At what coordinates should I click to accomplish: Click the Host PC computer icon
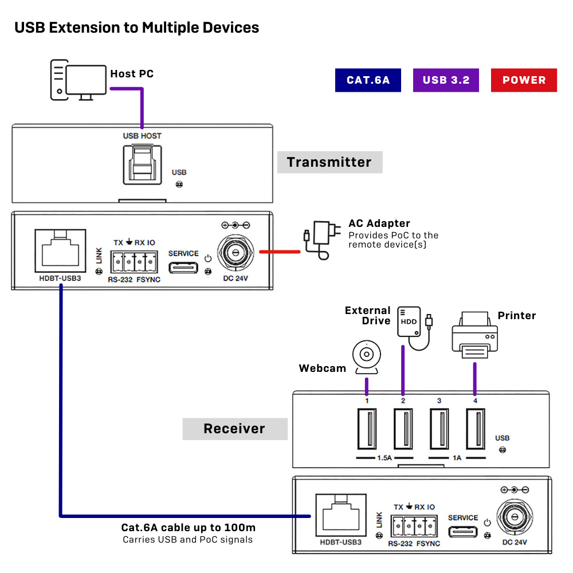pyautogui.click(x=78, y=80)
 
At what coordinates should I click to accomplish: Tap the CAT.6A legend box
pyautogui.click(x=368, y=80)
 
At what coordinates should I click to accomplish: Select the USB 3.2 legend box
pyautogui.click(x=446, y=80)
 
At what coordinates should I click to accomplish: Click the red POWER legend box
pyautogui.click(x=524, y=80)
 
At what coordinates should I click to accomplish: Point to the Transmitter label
pyautogui.click(x=329, y=162)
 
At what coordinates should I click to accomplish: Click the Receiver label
pyautogui.click(x=235, y=429)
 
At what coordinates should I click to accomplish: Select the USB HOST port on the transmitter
pyautogui.click(x=142, y=164)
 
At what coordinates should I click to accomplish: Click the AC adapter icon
pyautogui.click(x=322, y=240)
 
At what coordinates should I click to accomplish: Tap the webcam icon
pyautogui.click(x=367, y=357)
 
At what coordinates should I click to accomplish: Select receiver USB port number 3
pyautogui.click(x=439, y=429)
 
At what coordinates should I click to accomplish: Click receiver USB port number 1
pyautogui.click(x=367, y=429)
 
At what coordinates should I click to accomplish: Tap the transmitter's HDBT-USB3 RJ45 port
pyautogui.click(x=60, y=251)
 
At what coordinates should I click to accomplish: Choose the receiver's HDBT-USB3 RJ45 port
pyautogui.click(x=341, y=515)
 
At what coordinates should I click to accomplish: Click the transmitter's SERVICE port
pyautogui.click(x=183, y=268)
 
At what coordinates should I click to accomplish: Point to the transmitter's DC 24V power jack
pyautogui.click(x=236, y=253)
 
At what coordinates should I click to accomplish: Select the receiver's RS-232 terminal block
pyautogui.click(x=414, y=526)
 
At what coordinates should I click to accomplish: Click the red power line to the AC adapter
pyautogui.click(x=280, y=252)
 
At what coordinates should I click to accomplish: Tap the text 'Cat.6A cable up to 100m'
pyautogui.click(x=189, y=528)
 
